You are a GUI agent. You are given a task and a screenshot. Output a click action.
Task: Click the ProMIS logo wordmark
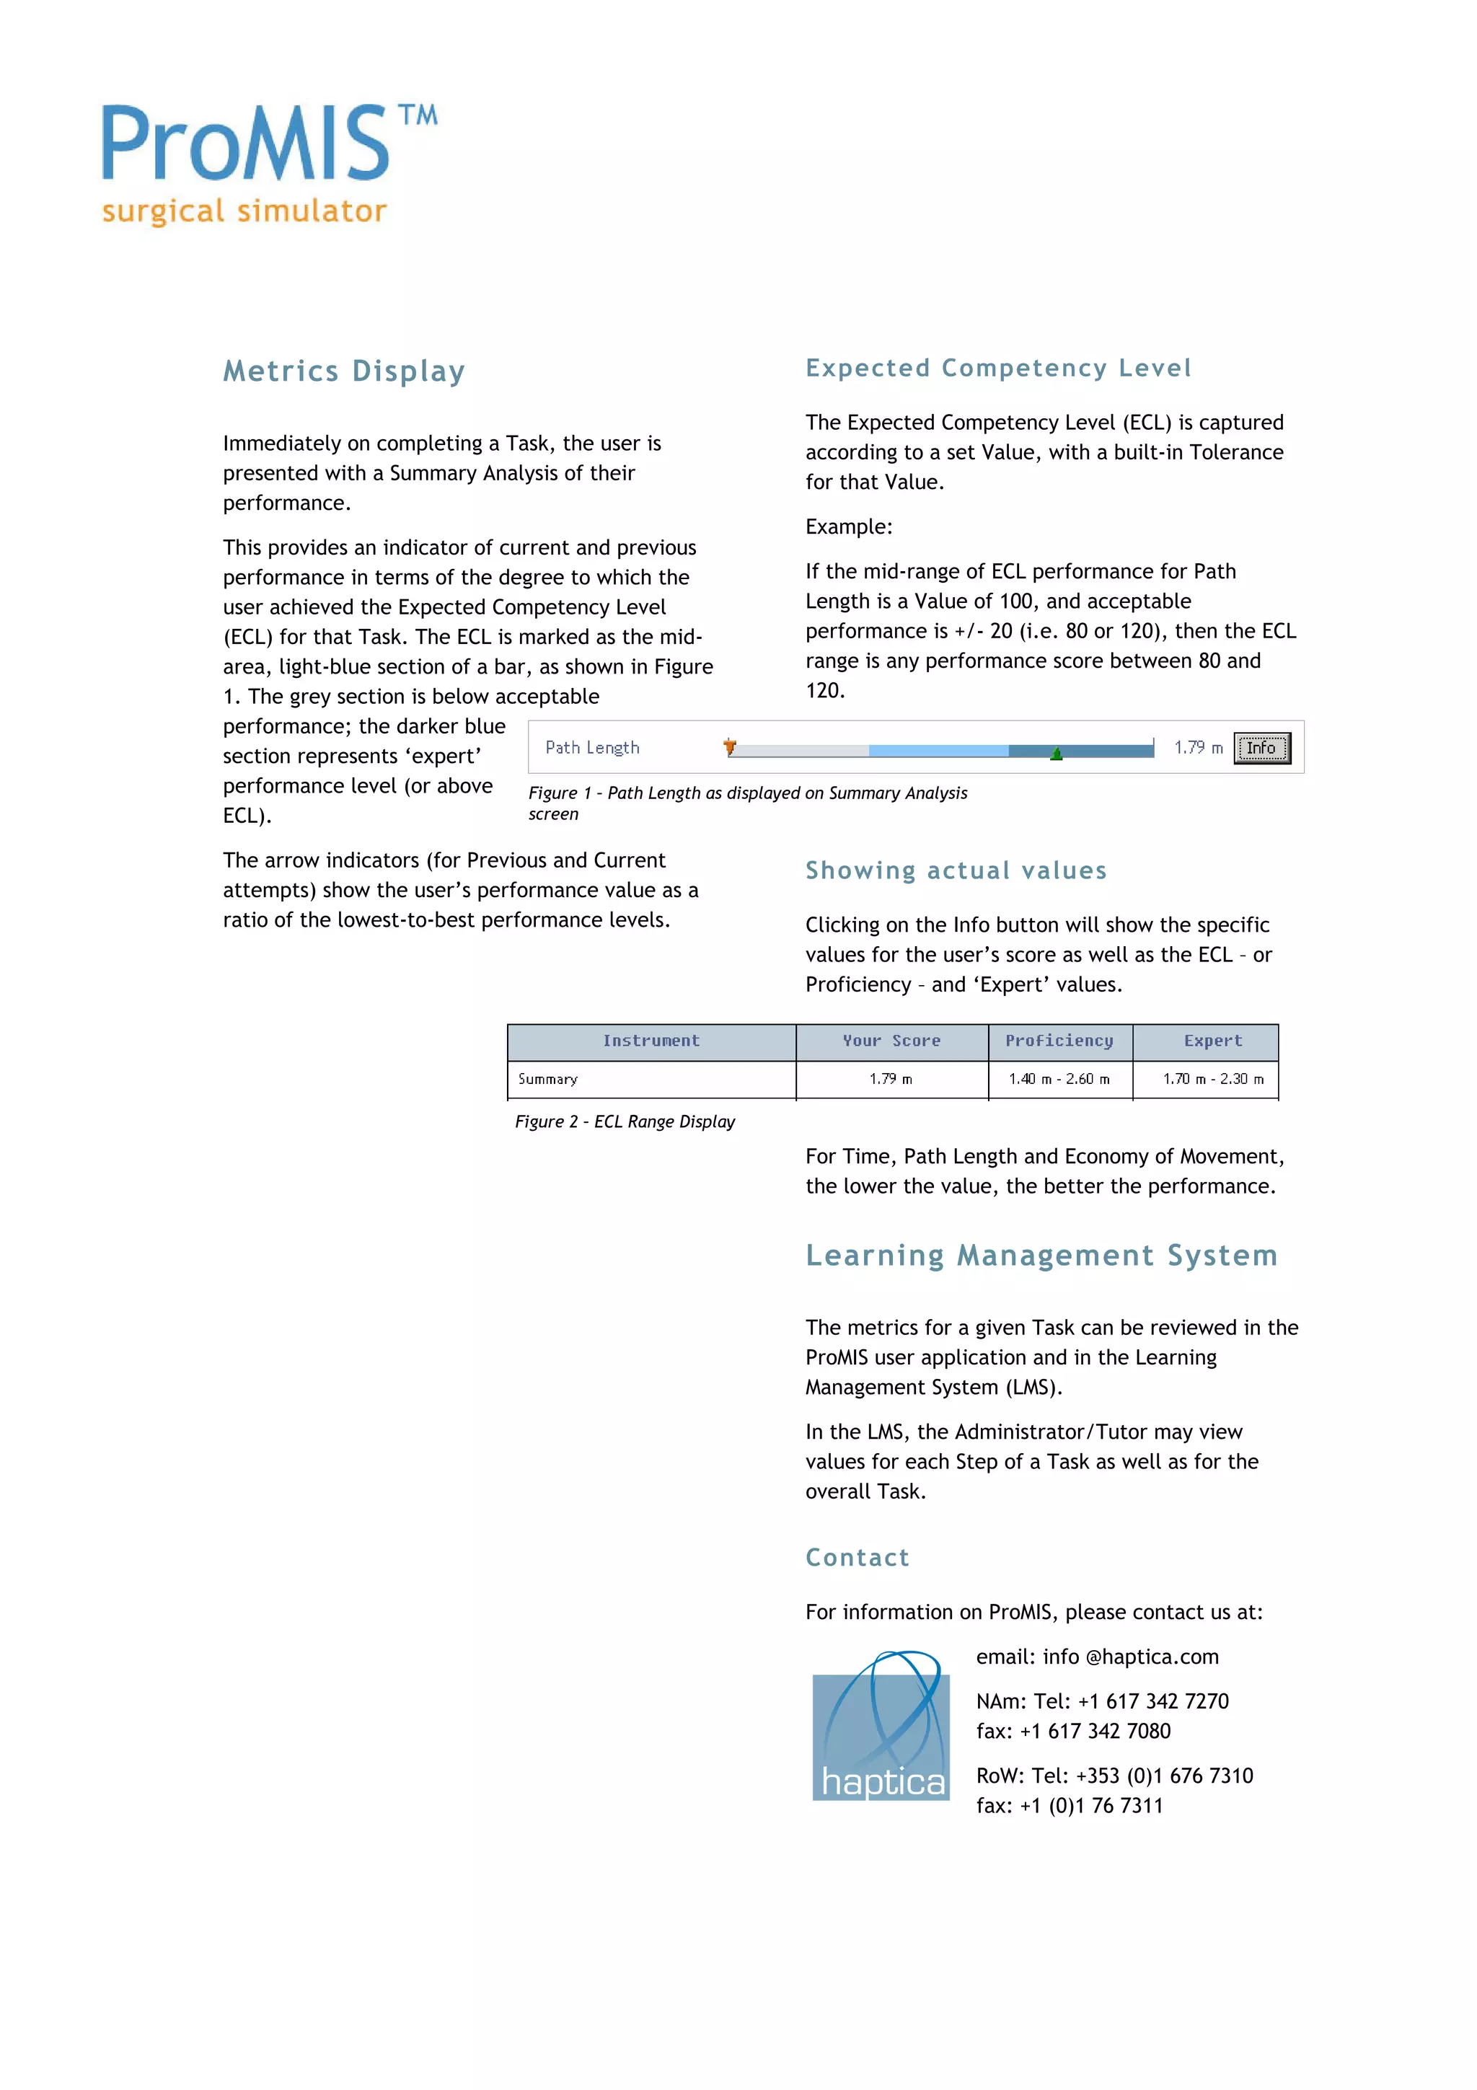click(x=246, y=143)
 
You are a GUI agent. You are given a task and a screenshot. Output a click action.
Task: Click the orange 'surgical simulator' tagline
click(x=244, y=211)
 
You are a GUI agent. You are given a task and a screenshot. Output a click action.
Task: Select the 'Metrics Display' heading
click(x=344, y=371)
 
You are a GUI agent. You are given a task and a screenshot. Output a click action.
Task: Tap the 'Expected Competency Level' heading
click(x=997, y=368)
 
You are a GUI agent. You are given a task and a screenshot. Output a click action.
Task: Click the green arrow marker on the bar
click(x=1056, y=754)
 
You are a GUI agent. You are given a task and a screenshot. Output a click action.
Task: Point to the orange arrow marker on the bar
click(x=729, y=747)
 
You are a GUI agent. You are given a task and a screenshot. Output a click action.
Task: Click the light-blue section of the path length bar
click(x=938, y=751)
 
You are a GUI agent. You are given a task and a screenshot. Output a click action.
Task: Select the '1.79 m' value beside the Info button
click(x=1198, y=747)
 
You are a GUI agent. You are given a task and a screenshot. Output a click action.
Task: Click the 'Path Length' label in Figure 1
click(x=592, y=747)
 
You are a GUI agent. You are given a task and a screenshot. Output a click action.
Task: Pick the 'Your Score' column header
click(x=891, y=1041)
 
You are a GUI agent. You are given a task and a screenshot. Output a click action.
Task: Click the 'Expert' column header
click(x=1212, y=1041)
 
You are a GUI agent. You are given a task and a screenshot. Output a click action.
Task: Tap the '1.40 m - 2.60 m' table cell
click(x=1059, y=1080)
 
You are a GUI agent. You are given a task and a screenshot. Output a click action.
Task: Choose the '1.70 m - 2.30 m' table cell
click(x=1212, y=1080)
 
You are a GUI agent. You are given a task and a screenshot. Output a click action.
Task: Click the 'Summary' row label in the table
click(x=548, y=1080)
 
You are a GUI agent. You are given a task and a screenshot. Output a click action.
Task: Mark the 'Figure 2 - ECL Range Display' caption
click(x=625, y=1121)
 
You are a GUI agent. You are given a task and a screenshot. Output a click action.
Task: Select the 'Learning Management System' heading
click(x=1041, y=1256)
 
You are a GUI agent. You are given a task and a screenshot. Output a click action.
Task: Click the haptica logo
click(x=880, y=1727)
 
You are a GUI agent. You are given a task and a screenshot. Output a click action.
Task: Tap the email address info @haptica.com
click(x=1130, y=1657)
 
